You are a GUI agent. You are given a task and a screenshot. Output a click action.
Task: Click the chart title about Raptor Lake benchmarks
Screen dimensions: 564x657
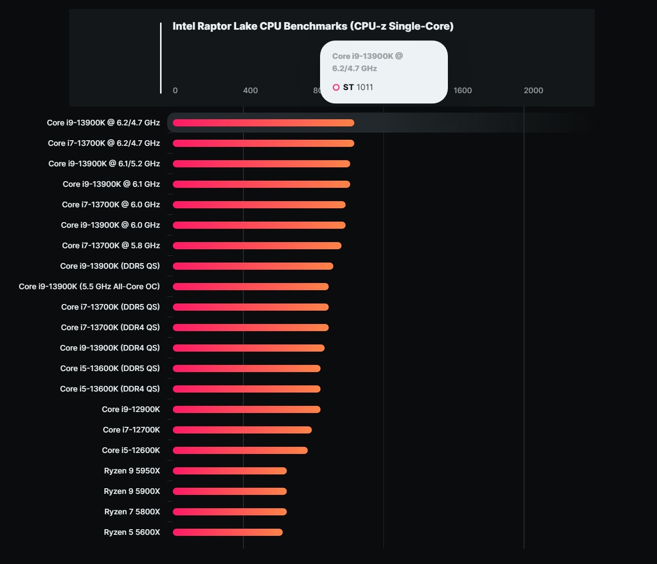[x=313, y=26]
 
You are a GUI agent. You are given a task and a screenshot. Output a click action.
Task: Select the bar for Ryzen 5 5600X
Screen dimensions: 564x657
[x=228, y=532]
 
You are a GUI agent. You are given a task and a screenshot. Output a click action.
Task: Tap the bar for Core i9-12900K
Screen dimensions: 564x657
[x=246, y=409]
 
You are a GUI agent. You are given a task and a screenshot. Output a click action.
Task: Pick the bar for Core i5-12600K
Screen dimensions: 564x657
[x=240, y=450]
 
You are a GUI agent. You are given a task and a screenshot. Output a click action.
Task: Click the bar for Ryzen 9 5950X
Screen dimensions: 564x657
[x=230, y=471]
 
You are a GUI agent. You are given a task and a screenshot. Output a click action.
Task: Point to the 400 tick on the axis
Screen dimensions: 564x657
[x=251, y=91]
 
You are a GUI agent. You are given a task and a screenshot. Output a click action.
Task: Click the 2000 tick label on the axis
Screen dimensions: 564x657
[x=533, y=91]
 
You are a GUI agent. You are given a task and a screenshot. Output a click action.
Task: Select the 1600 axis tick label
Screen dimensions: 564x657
[x=463, y=91]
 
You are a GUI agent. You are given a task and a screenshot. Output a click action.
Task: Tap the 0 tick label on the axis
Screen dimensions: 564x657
[x=175, y=91]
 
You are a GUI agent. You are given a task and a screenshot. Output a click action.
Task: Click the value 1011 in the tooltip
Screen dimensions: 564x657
[x=365, y=88]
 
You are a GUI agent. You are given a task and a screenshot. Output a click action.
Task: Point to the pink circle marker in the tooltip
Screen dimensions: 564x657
[x=336, y=88]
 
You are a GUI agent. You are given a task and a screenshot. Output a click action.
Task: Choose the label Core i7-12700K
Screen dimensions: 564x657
[x=131, y=430]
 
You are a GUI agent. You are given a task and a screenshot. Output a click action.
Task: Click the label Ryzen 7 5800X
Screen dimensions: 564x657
[x=132, y=512]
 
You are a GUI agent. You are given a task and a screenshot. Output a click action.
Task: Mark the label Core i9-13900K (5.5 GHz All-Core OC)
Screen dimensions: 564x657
[x=89, y=287]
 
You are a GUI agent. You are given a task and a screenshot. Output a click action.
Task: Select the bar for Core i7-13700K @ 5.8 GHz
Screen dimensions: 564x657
[x=257, y=246]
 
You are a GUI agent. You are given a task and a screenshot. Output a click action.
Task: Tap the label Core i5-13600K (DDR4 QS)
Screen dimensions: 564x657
[x=110, y=389]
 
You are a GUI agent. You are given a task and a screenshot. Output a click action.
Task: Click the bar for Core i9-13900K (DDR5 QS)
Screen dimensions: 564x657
[x=253, y=266]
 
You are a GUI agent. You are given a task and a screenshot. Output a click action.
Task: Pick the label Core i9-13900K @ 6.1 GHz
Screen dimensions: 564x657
[x=111, y=184]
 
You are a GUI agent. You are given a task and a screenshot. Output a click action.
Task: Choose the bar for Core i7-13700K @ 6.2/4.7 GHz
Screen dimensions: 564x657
[x=263, y=143]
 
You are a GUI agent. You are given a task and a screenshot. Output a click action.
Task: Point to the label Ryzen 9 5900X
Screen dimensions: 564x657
[x=132, y=491]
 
